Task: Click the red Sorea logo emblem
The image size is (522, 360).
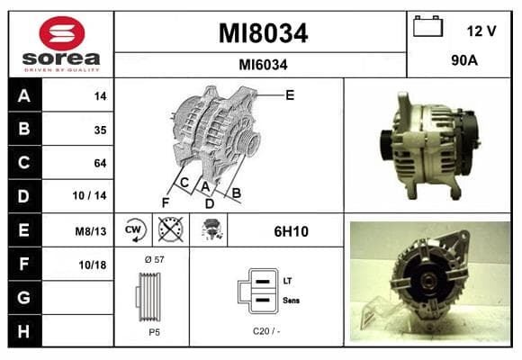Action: point(62,33)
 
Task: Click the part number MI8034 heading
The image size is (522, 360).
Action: point(263,33)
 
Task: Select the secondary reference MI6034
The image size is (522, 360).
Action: point(263,65)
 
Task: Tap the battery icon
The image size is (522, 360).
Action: point(427,26)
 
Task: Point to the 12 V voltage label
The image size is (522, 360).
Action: point(481,31)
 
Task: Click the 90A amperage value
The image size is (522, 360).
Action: point(464,60)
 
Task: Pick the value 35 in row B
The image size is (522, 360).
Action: point(100,130)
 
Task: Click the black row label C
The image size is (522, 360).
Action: point(24,163)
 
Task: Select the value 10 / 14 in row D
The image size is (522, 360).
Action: point(90,195)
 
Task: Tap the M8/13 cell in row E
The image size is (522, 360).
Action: point(91,231)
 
